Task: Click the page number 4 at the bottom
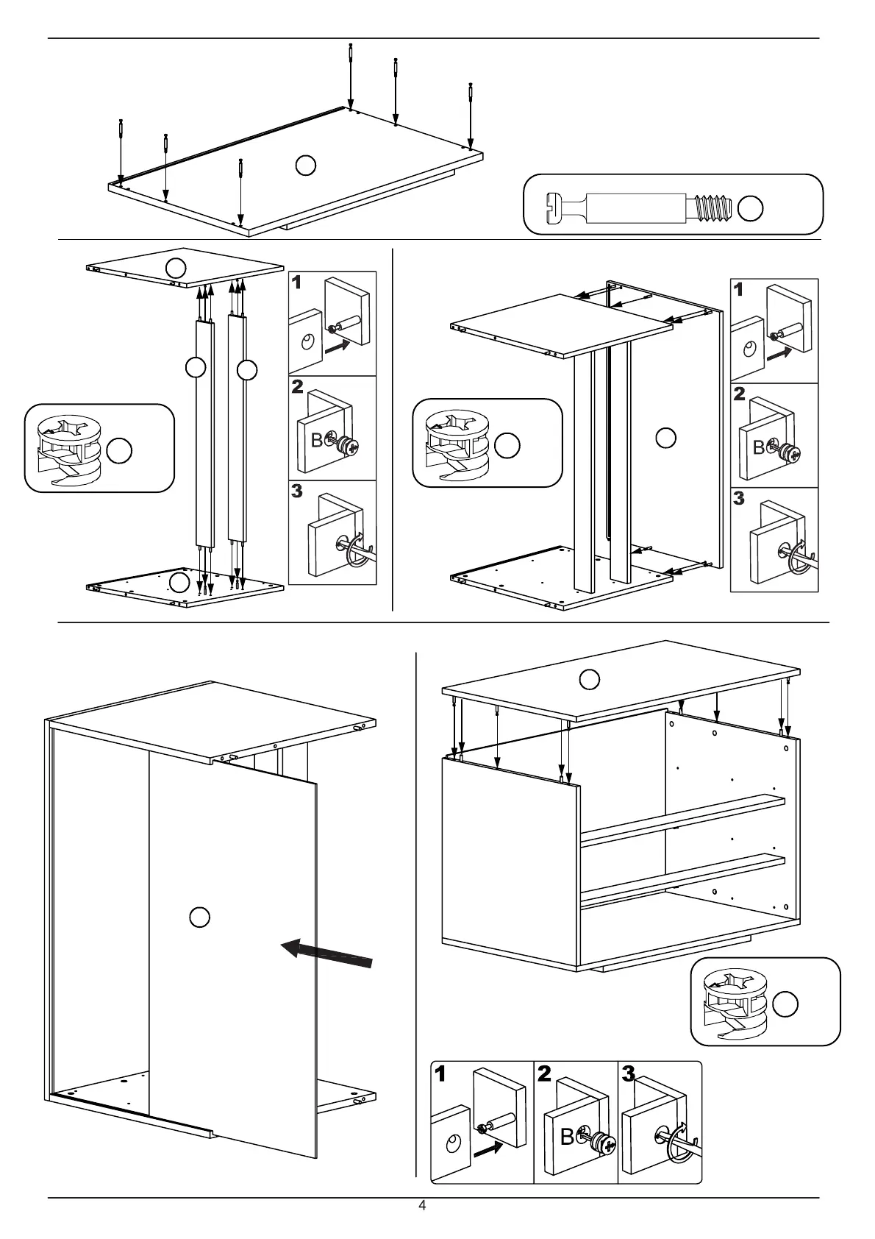422,1206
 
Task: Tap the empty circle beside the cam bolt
750,209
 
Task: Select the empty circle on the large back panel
200,917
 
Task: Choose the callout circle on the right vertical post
248,369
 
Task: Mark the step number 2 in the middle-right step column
739,393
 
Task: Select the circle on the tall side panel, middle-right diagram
665,437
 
